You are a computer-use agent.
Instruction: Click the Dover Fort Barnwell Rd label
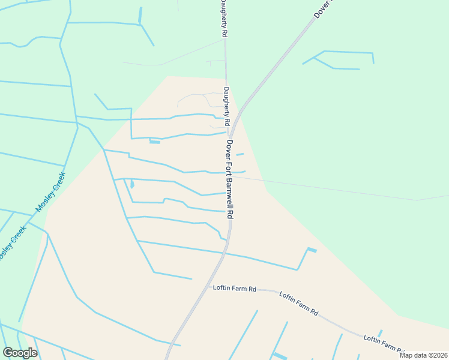pos(230,179)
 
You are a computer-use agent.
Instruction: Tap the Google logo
pos(20,352)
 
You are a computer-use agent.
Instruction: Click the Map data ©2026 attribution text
pos(423,355)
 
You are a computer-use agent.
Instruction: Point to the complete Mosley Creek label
pos(50,192)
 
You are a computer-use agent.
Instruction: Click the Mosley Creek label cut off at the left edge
pos(12,242)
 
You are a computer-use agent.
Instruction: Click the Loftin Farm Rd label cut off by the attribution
pos(382,343)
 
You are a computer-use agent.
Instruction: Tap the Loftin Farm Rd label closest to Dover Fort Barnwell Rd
pos(235,288)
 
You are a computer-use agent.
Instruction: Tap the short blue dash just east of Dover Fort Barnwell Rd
pos(240,154)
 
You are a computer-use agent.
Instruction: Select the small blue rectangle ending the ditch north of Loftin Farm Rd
pos(312,250)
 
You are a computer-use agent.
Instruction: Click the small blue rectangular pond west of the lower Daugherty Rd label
pos(155,142)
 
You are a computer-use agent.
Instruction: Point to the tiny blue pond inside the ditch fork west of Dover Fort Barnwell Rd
pos(131,185)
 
